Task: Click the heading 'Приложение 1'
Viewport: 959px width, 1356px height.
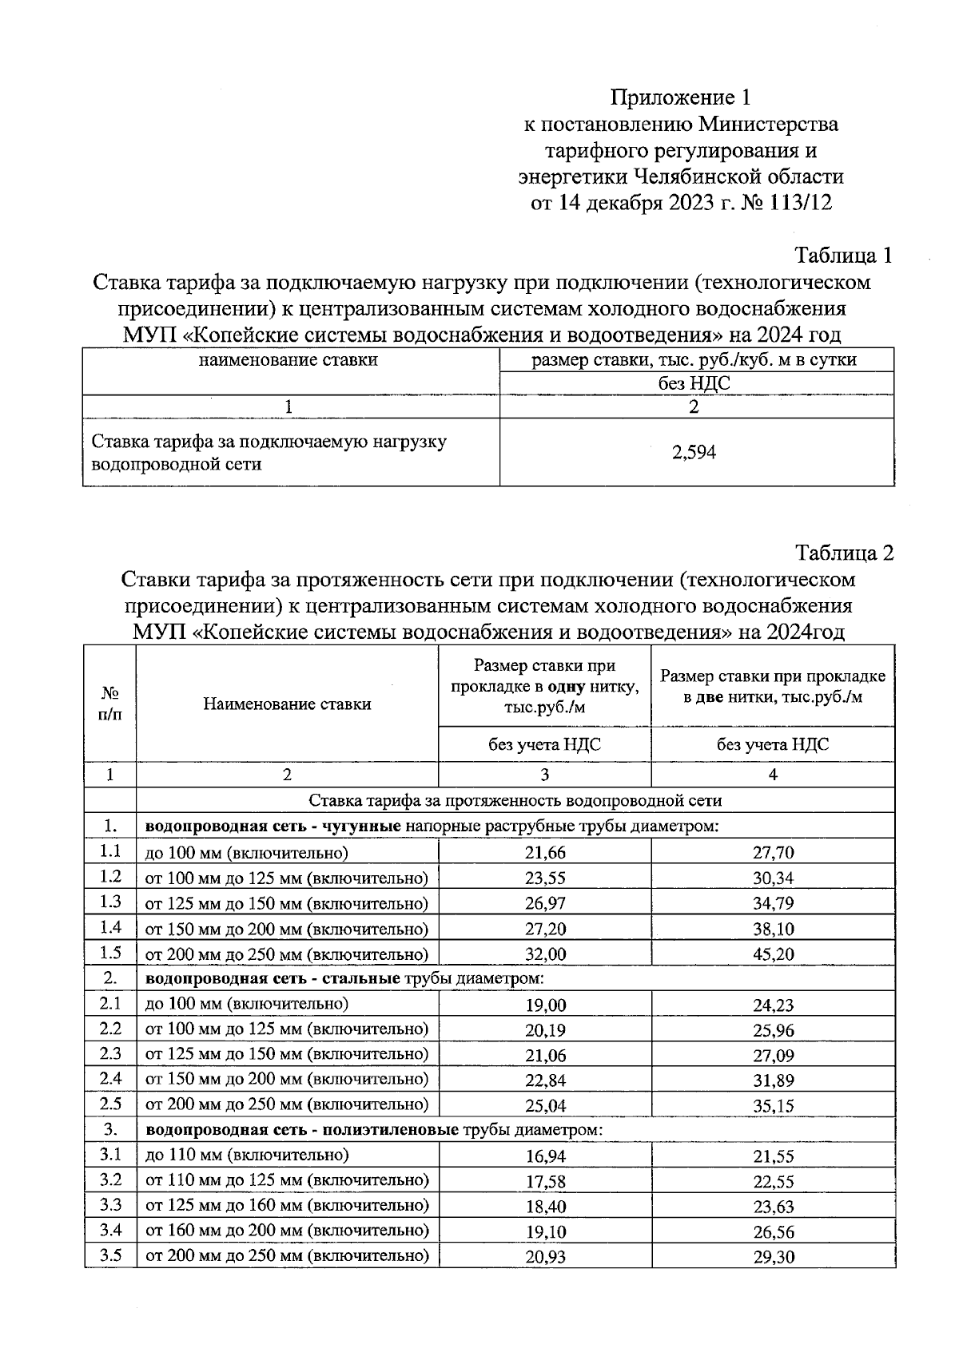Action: (681, 97)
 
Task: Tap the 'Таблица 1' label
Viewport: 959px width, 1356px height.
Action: (842, 256)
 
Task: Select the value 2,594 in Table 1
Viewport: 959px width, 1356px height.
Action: (694, 453)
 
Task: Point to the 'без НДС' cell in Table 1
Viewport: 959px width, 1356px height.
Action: (694, 383)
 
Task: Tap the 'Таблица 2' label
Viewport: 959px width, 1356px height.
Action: (844, 553)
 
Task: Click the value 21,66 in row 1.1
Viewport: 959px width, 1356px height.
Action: (544, 853)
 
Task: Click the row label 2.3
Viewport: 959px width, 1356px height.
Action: (110, 1054)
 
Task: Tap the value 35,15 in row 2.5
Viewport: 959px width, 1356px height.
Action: (773, 1107)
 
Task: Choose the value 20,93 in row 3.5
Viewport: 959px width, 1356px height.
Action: (544, 1257)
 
